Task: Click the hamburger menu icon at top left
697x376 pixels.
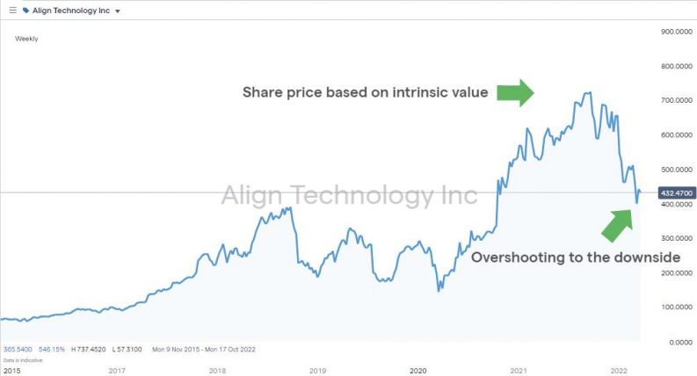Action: (x=12, y=11)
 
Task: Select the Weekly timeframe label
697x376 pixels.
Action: (x=26, y=39)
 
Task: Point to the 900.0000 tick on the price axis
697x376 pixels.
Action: (x=672, y=32)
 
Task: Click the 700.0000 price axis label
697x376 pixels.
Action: (x=672, y=100)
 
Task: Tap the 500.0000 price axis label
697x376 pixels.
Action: (x=672, y=170)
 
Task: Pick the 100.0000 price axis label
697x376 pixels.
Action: (x=672, y=307)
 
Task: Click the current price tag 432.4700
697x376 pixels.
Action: (x=672, y=192)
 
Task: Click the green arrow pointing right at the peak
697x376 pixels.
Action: (x=515, y=92)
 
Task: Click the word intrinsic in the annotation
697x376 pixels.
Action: (x=421, y=92)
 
